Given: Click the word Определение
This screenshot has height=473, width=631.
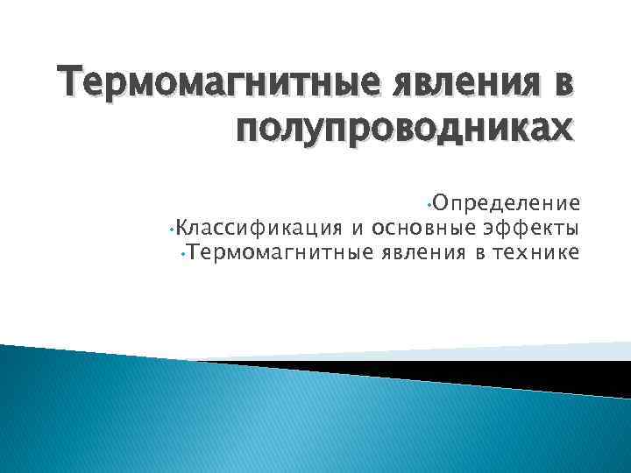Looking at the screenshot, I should pyautogui.click(x=503, y=205).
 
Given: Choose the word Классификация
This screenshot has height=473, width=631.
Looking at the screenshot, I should pyautogui.click(x=259, y=229).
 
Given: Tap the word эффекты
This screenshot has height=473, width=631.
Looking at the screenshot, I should pyautogui.click(x=530, y=229).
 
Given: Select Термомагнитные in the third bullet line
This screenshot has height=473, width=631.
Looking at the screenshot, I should pyautogui.click(x=281, y=254).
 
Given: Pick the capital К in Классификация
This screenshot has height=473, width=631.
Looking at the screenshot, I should pyautogui.click(x=181, y=229).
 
